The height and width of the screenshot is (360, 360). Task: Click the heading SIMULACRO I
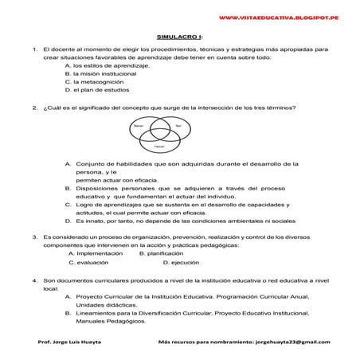(x=180, y=37)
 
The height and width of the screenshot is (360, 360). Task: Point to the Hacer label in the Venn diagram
(x=159, y=147)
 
